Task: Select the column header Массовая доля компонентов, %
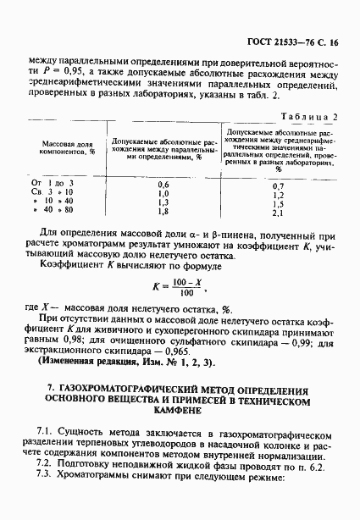[68, 151]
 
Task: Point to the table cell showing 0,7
[276, 184]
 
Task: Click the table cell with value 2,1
[276, 213]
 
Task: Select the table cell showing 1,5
[276, 203]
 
